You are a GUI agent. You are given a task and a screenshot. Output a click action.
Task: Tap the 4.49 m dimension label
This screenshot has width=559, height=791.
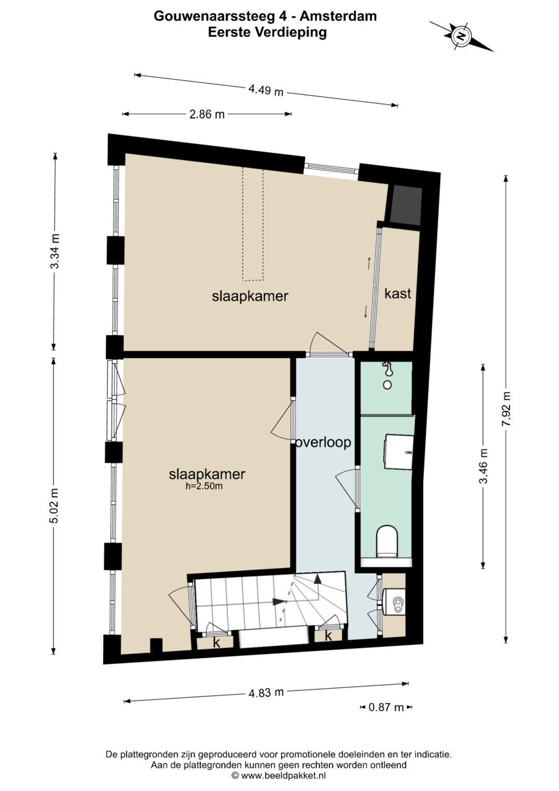click(x=266, y=90)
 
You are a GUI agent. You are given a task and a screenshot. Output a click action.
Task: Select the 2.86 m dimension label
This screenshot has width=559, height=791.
click(x=207, y=114)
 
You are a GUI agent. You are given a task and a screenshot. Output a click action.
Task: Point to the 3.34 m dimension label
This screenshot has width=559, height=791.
click(x=55, y=251)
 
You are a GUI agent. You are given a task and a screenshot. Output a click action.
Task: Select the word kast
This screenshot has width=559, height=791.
click(x=398, y=293)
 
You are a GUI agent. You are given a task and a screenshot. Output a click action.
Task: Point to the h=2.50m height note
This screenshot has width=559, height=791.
click(x=204, y=486)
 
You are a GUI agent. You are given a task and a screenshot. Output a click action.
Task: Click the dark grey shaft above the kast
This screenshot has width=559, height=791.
click(x=405, y=205)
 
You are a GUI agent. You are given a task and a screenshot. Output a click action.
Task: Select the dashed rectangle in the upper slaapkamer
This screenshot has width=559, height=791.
click(x=253, y=224)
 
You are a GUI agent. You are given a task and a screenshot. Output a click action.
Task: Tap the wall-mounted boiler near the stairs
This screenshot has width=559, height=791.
click(x=394, y=604)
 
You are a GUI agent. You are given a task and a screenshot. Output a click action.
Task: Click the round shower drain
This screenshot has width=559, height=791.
click(x=388, y=385)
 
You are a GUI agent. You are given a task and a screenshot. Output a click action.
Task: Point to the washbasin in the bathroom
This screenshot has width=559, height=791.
click(x=399, y=452)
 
